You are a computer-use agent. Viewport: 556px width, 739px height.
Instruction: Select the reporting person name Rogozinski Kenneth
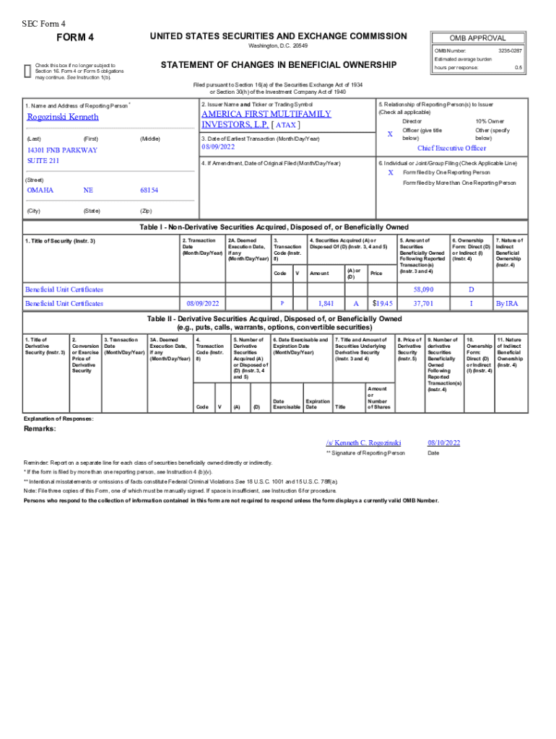tap(63, 117)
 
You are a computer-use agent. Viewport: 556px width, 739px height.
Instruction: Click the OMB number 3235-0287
tap(510, 50)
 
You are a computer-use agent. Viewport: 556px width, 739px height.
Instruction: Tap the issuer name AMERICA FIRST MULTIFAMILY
tap(266, 114)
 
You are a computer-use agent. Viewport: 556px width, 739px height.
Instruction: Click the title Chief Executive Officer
tap(452, 148)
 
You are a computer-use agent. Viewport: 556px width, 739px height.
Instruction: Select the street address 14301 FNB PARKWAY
tap(62, 150)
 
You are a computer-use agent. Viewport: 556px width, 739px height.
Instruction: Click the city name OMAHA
tap(40, 190)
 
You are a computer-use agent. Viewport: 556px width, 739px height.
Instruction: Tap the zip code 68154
tap(149, 190)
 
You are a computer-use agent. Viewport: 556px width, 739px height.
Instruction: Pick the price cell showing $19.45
tap(382, 304)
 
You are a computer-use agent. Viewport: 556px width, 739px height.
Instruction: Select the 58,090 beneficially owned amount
tap(422, 289)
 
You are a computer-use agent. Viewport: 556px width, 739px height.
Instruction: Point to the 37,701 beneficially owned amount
tap(422, 304)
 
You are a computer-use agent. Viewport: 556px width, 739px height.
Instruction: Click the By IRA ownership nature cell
tap(506, 304)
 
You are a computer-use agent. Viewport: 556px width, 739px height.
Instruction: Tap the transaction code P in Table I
tap(282, 304)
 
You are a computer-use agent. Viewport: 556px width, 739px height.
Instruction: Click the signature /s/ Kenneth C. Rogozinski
tap(363, 442)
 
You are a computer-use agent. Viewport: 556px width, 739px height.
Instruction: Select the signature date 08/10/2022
tap(443, 442)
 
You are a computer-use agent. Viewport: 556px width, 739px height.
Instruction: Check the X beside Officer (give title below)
tap(390, 134)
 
